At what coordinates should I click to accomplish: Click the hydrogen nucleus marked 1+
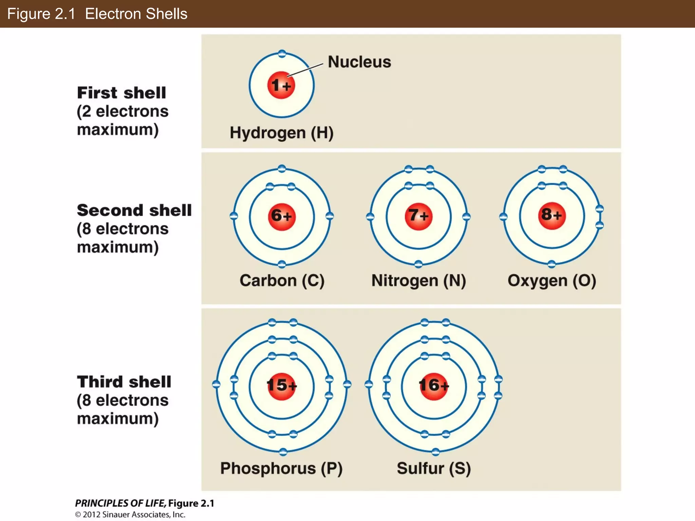[x=281, y=85]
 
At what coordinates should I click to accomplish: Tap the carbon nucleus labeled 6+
[x=282, y=216]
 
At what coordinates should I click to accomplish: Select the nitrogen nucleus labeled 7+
[x=418, y=216]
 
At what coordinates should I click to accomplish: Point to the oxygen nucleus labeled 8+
[x=552, y=215]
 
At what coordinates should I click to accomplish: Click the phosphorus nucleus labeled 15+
[x=282, y=386]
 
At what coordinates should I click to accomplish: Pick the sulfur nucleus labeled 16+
[x=434, y=386]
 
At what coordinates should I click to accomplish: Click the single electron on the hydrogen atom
[x=282, y=54]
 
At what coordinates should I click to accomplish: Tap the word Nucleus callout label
[x=359, y=62]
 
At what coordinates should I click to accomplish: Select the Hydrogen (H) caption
[x=282, y=133]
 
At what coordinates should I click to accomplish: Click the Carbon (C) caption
[x=282, y=281]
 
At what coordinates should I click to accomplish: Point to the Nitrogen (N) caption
[x=419, y=281]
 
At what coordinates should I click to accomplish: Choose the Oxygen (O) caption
[x=552, y=281]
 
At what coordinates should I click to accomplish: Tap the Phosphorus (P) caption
[x=281, y=468]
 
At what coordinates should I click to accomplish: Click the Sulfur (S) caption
[x=434, y=468]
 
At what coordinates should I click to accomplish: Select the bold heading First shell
[x=121, y=93]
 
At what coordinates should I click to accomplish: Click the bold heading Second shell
[x=134, y=210]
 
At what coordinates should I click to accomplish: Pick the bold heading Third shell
[x=124, y=382]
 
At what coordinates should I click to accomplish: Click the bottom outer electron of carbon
[x=282, y=264]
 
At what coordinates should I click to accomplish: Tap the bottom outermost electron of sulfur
[x=436, y=451]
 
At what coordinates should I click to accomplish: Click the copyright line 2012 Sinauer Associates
[x=130, y=515]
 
